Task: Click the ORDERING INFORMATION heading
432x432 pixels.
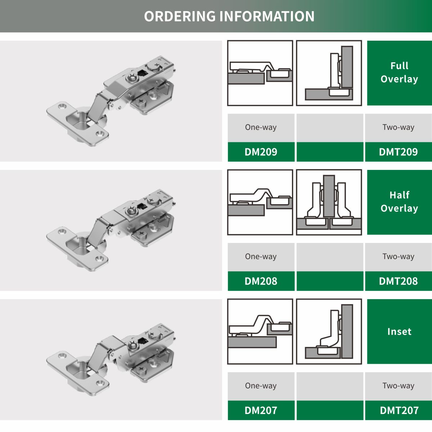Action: tap(229, 16)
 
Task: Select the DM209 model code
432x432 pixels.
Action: tap(261, 152)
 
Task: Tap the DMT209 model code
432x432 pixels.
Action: tap(399, 152)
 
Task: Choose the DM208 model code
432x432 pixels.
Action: tap(261, 281)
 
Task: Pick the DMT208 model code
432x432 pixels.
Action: tap(399, 281)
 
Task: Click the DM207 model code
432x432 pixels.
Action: tap(261, 410)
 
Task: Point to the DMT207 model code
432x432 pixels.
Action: tap(399, 410)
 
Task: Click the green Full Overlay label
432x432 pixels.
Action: tap(400, 73)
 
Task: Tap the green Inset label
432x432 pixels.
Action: tap(400, 331)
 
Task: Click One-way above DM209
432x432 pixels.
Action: tap(261, 127)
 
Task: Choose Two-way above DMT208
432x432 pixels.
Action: tap(399, 256)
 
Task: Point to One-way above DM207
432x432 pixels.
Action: tap(261, 386)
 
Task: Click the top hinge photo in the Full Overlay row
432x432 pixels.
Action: tap(111, 101)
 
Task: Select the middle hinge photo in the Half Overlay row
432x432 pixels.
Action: tap(111, 230)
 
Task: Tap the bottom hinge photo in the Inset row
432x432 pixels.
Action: tap(111, 359)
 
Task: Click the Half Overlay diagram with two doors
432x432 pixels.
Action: tap(329, 202)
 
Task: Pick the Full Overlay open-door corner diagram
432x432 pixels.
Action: tap(329, 73)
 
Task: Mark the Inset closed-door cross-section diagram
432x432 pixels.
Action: tap(260, 331)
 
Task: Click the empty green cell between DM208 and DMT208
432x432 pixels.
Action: tap(330, 281)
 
